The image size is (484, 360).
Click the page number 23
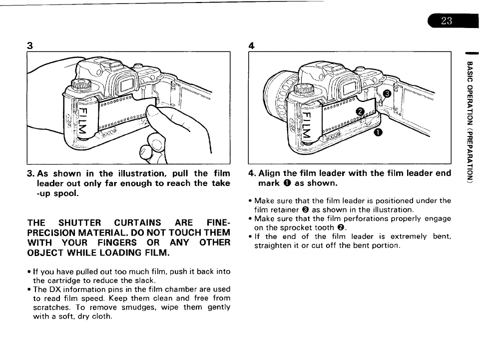(x=447, y=20)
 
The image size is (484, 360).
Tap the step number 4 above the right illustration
(x=252, y=45)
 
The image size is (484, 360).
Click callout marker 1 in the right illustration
(x=378, y=132)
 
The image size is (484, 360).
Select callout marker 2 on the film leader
(x=359, y=111)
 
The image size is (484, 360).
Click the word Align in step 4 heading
(x=270, y=173)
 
